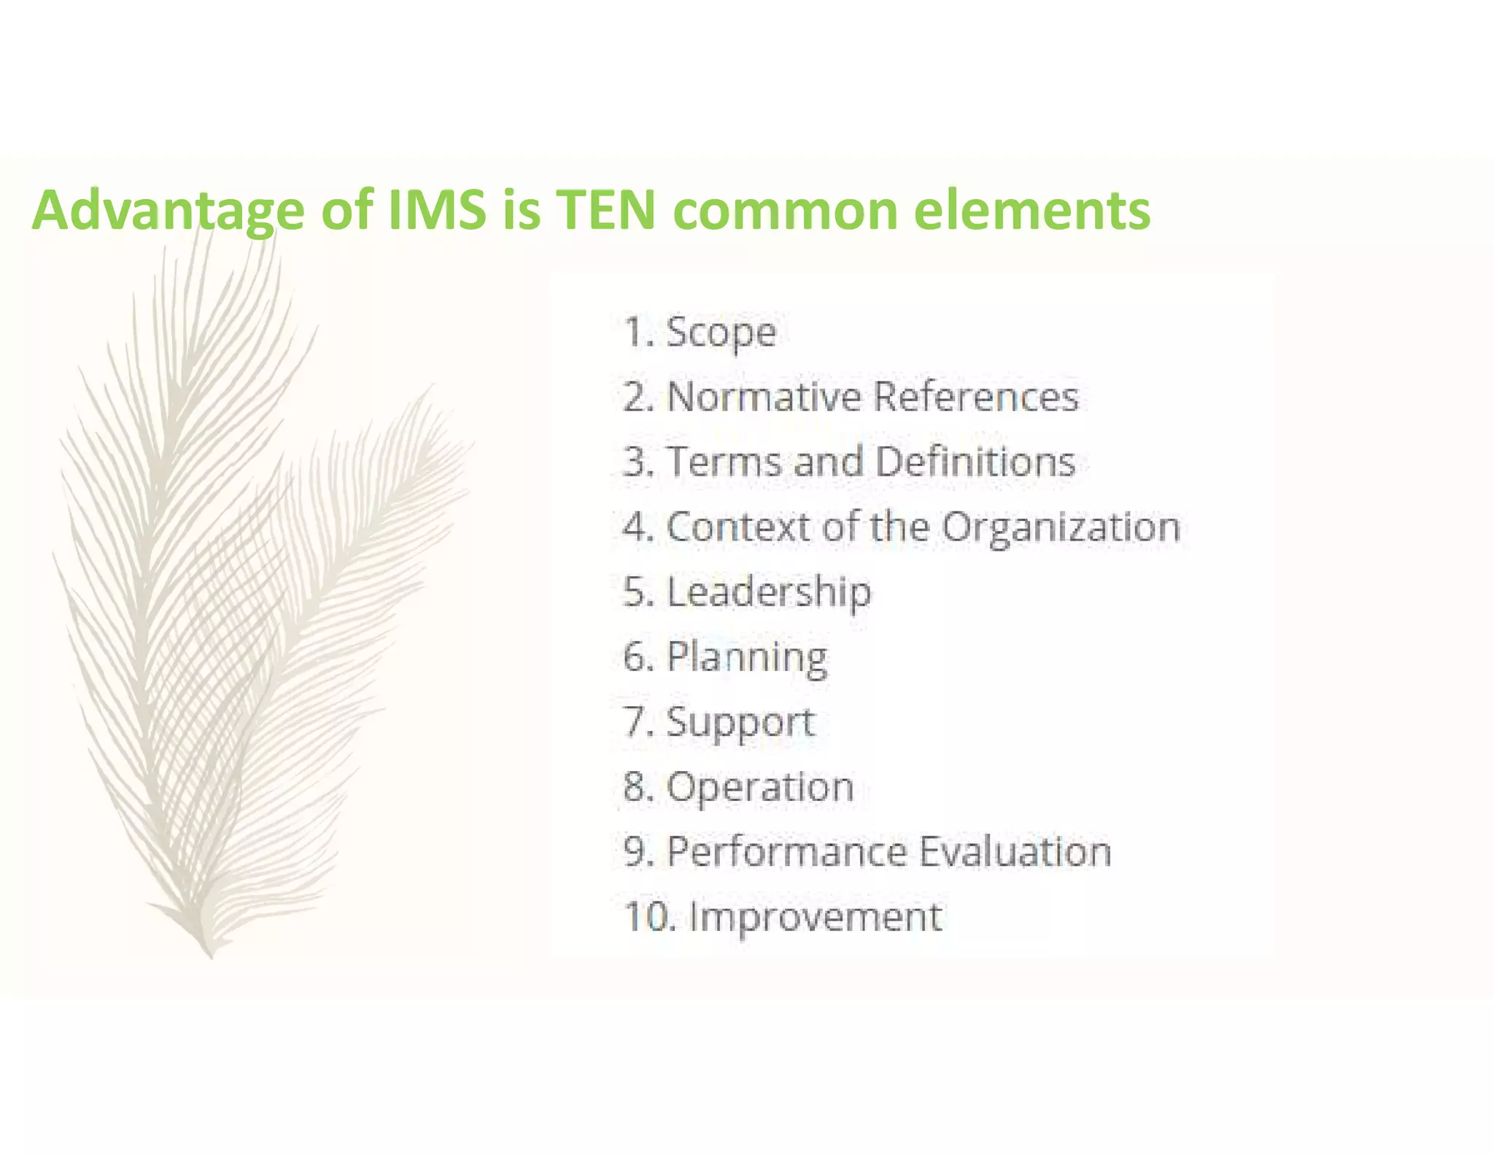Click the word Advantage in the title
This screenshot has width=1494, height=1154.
click(168, 210)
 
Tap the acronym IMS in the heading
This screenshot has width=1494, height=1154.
click(437, 210)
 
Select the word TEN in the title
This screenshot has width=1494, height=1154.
click(605, 210)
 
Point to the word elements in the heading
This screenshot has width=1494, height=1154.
click(1032, 210)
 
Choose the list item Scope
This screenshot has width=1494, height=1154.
click(721, 333)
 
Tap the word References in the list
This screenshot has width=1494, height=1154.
click(975, 397)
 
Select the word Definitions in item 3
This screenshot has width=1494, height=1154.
click(975, 462)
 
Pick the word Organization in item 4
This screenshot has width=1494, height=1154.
click(1061, 527)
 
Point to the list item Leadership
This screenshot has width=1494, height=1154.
click(768, 592)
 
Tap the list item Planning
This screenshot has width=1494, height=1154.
click(747, 657)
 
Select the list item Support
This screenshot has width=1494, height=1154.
click(740, 722)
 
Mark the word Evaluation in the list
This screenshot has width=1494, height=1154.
click(1015, 851)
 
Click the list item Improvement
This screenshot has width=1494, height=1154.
click(816, 917)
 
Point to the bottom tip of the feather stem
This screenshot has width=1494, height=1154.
click(211, 957)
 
